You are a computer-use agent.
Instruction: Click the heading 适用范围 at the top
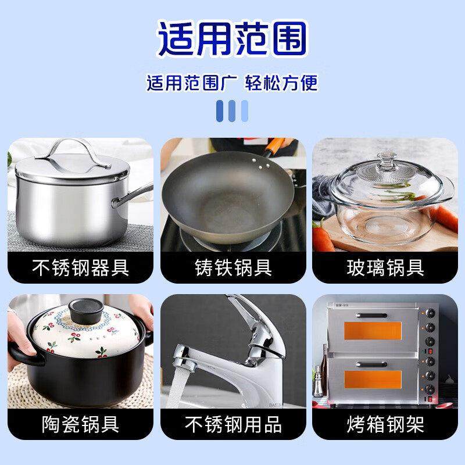pos(232,39)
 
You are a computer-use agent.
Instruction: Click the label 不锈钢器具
pos(80,268)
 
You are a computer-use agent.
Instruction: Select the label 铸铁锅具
pos(233,268)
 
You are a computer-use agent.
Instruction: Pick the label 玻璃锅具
pos(385,268)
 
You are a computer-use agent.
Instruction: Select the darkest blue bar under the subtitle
pos(220,110)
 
